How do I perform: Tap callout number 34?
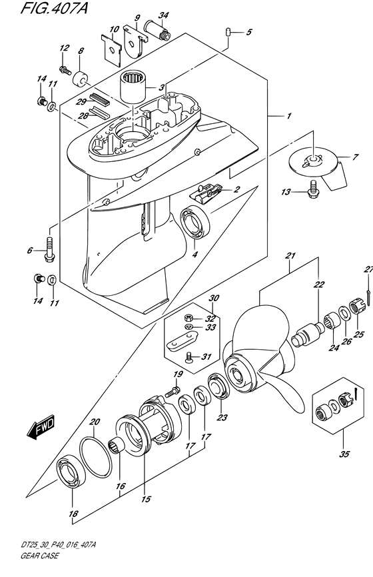click(164, 16)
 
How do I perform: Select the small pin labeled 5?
click(228, 31)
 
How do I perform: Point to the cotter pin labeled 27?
click(368, 288)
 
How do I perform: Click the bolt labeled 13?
click(312, 189)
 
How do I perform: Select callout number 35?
click(344, 454)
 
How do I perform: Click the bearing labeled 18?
click(72, 472)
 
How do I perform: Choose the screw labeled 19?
click(173, 392)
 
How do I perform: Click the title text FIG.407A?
click(55, 8)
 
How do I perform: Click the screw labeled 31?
click(189, 356)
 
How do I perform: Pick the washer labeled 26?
click(344, 313)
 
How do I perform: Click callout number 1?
click(289, 116)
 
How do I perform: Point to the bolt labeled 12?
click(65, 69)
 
